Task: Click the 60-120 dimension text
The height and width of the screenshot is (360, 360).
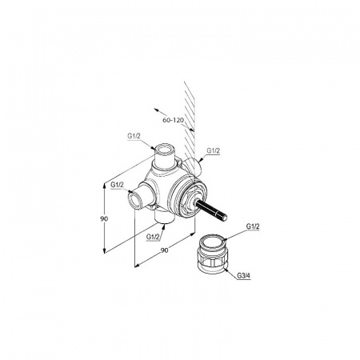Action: coord(174,120)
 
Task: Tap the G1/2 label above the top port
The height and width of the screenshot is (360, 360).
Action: coord(134,136)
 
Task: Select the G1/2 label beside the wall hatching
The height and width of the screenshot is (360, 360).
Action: coord(214,150)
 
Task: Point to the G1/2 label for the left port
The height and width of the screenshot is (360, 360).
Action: coord(118,185)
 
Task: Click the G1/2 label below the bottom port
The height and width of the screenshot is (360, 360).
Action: coord(153,237)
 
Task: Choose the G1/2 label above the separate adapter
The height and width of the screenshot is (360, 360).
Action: coord(253,226)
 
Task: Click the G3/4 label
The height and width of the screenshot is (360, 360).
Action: coord(244,276)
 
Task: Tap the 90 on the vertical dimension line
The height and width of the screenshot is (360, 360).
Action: coord(104,218)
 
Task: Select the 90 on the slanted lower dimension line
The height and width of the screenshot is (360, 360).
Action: coord(165,250)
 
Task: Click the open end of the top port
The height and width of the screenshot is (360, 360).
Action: coord(164,150)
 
